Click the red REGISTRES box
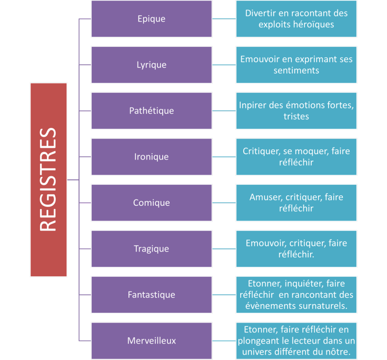click(48, 179)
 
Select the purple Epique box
click(152, 19)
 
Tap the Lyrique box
click(152, 65)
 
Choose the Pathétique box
click(152, 111)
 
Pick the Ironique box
click(152, 157)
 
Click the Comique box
click(152, 203)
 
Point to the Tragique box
click(152, 249)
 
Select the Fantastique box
click(152, 295)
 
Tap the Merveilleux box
click(152, 341)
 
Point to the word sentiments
click(296, 71)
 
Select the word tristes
click(296, 116)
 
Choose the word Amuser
click(266, 197)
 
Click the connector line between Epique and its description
click(224, 19)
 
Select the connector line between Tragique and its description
click(224, 249)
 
